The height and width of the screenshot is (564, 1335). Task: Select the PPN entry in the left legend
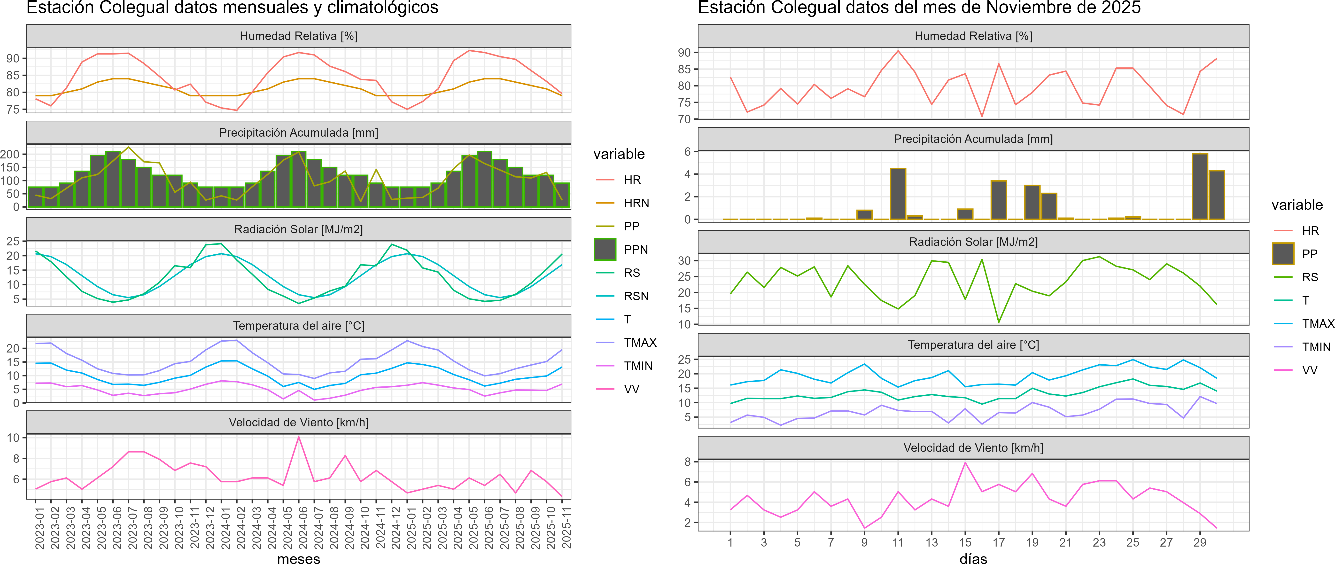(635, 249)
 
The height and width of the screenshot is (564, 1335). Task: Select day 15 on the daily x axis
(965, 542)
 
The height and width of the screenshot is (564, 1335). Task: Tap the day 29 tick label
(1200, 542)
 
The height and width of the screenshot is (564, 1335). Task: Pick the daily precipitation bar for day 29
(1200, 187)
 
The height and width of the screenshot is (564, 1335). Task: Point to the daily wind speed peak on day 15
(965, 462)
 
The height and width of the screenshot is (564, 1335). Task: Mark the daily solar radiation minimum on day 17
(999, 322)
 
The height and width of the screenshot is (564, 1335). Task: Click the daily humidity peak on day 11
(898, 51)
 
